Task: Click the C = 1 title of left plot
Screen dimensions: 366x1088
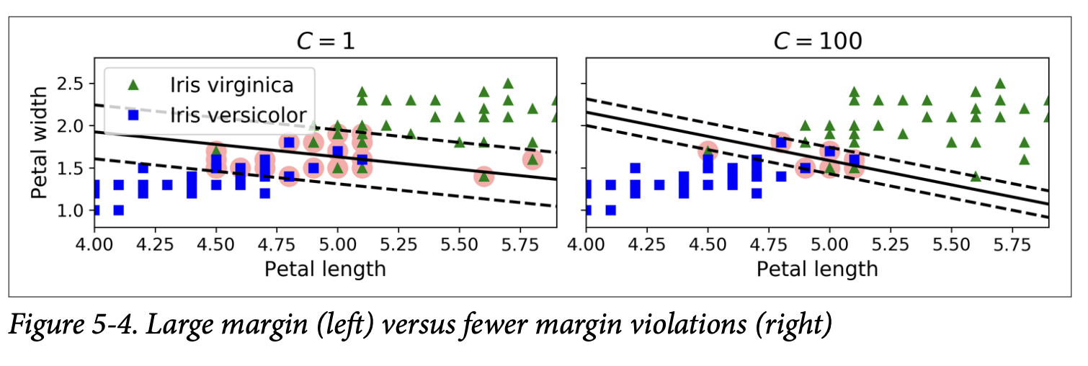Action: click(326, 41)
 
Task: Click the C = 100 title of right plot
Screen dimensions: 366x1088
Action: click(817, 41)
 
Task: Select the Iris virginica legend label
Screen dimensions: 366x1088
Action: click(231, 84)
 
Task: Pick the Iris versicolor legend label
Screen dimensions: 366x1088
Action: click(238, 115)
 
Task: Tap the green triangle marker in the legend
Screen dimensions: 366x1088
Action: click(133, 84)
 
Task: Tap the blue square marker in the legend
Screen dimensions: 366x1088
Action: click(133, 115)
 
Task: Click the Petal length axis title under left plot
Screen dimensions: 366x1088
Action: click(325, 269)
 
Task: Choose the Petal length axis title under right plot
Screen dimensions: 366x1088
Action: click(817, 269)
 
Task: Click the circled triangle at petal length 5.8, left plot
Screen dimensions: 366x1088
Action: click(532, 159)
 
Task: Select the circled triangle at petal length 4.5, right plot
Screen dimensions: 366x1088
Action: click(708, 151)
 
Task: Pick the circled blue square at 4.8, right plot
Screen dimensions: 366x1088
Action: click(781, 142)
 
